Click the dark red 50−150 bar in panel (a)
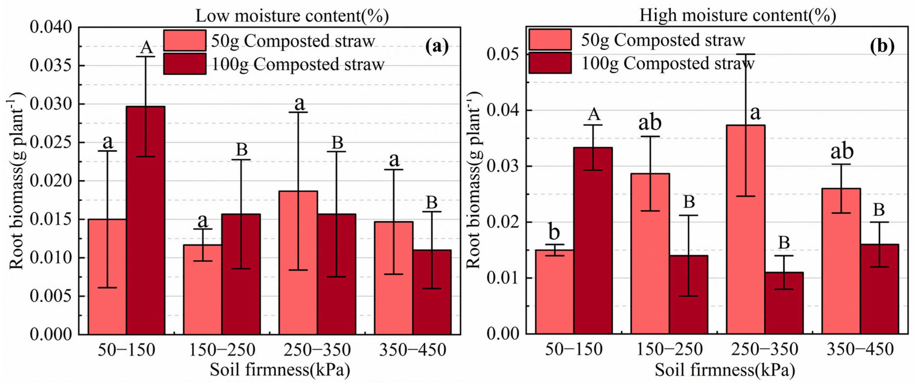click(145, 221)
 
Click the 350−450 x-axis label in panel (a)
click(412, 350)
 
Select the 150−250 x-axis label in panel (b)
click(669, 349)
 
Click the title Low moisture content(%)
click(292, 16)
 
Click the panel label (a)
click(437, 47)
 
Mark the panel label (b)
click(882, 46)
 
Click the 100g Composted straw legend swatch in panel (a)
click(185, 64)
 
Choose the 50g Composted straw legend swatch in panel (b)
click(550, 40)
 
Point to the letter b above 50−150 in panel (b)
click(554, 232)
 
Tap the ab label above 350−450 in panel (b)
click(842, 151)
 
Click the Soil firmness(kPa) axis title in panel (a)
click(280, 370)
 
